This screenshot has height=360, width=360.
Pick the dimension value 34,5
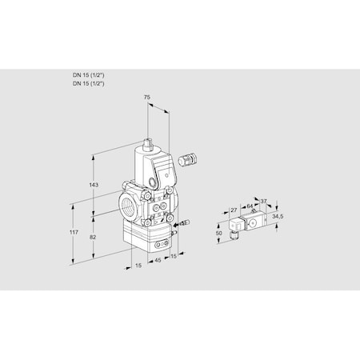click(x=277, y=216)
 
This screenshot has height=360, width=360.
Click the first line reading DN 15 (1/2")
click(x=89, y=74)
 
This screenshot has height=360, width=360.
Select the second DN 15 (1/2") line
click(x=89, y=82)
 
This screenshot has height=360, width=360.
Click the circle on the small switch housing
click(x=253, y=225)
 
